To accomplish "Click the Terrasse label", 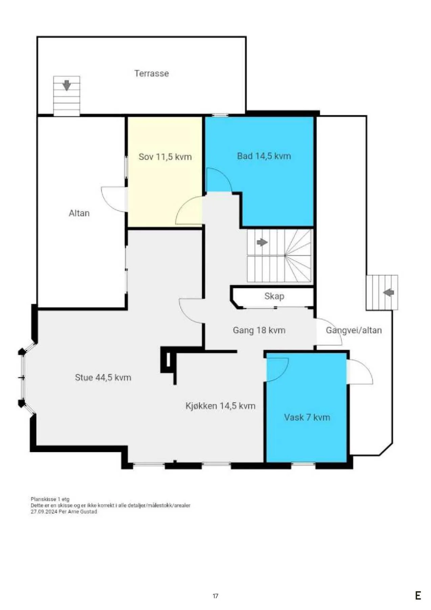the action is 151,73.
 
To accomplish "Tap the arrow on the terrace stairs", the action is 67,85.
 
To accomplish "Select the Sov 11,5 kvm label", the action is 165,157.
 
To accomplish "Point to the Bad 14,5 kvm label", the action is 264,156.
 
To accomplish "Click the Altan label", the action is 79,213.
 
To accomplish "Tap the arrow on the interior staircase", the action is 262,242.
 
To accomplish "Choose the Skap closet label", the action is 274,296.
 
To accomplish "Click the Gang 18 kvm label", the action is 259,330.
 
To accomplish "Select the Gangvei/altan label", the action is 354,330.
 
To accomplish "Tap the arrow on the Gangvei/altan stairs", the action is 389,292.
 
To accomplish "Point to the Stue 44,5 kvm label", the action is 103,378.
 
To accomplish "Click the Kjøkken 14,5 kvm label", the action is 220,406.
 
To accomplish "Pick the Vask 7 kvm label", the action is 307,417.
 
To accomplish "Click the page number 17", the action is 215,596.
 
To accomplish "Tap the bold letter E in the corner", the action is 418,595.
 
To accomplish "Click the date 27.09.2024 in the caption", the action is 44,512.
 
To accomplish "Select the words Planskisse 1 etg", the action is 50,499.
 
